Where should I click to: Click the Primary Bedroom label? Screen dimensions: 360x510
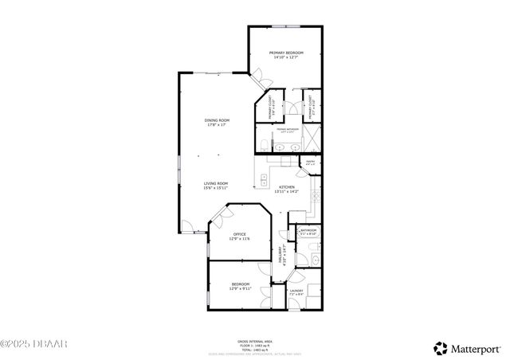285,53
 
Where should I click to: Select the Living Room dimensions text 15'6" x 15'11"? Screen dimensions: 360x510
215,189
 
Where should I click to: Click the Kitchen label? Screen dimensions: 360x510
287,187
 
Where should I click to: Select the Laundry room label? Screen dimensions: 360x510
296,291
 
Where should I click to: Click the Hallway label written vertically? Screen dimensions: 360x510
280,254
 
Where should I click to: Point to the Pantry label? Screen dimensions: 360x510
310,163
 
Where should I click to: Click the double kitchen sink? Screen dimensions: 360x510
264,179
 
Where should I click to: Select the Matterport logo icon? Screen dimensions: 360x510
440,347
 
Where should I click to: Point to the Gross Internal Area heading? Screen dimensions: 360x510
254,340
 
